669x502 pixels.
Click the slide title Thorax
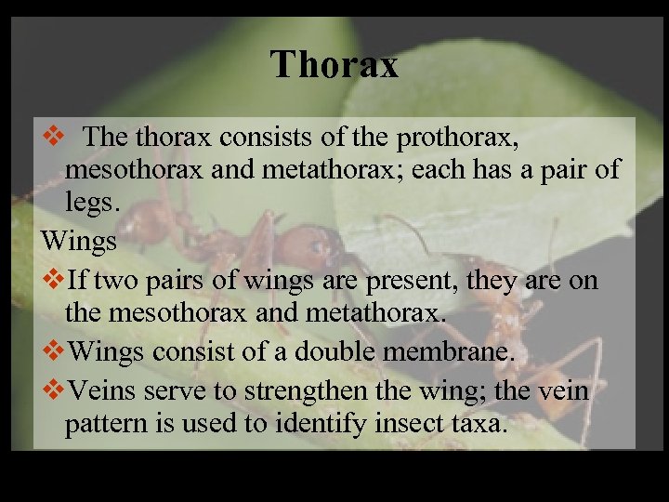click(x=334, y=65)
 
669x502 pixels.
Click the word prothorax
click(x=456, y=139)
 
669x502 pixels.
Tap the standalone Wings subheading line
click(x=79, y=242)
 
